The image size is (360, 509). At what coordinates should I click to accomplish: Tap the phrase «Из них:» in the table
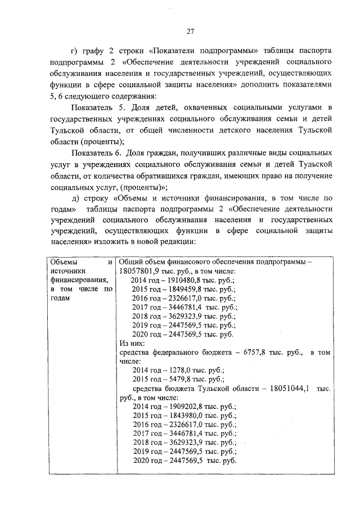132,343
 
